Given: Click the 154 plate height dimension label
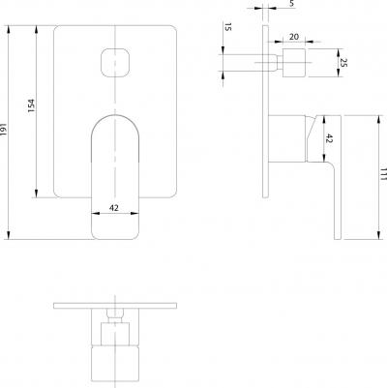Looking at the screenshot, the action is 31,105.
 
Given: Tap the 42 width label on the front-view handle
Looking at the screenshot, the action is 114,208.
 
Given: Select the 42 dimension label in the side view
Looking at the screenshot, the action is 329,138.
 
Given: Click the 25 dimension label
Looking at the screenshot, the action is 343,63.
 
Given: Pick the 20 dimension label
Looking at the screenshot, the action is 294,37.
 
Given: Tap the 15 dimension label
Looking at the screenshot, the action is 227,27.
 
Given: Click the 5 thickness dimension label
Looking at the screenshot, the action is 291,4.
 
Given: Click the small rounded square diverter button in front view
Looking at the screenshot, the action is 115,63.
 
